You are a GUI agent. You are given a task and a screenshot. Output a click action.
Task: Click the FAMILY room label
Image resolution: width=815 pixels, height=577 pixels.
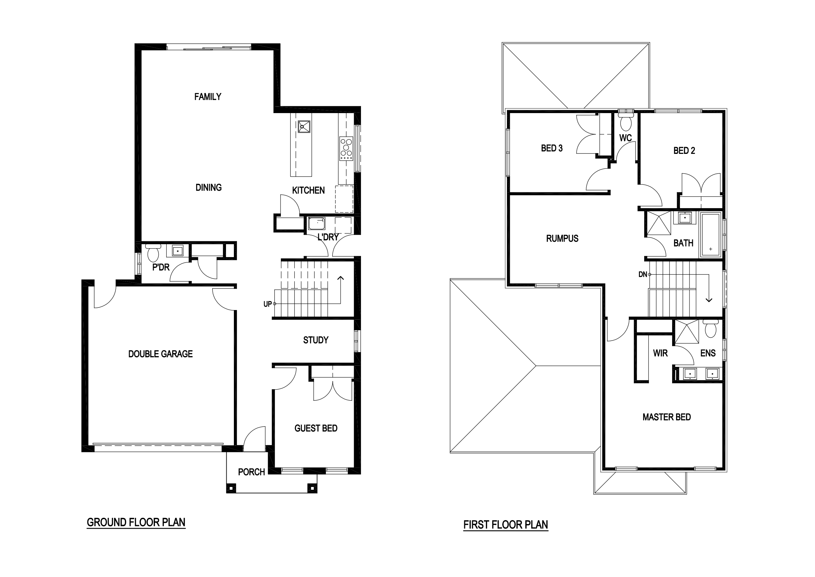click(208, 97)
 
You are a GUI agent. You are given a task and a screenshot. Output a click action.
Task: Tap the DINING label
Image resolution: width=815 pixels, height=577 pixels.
click(208, 188)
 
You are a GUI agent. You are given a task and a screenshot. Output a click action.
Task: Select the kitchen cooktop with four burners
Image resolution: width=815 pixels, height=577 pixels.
click(346, 149)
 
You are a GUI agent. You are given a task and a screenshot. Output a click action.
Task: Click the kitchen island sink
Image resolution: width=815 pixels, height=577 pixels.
click(304, 127)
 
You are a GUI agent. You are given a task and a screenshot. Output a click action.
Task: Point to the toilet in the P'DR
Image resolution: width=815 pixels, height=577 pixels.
click(153, 253)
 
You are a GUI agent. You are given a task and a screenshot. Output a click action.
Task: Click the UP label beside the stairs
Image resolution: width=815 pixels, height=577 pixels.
click(267, 304)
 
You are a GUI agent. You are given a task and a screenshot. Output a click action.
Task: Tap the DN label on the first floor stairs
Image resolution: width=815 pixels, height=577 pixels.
click(643, 274)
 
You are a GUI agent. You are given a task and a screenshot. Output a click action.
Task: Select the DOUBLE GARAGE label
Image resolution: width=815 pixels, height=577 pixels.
click(160, 354)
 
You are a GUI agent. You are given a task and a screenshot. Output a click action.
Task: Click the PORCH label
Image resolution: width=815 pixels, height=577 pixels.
click(251, 472)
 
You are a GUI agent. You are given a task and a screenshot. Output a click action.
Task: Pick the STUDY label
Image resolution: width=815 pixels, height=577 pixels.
click(316, 340)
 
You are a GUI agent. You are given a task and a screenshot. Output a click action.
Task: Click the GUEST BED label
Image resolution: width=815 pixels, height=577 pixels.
click(316, 428)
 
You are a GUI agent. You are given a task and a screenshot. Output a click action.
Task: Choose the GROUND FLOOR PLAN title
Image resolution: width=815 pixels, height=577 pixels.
click(136, 522)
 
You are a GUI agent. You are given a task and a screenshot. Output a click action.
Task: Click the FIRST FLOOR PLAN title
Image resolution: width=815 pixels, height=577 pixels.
click(506, 525)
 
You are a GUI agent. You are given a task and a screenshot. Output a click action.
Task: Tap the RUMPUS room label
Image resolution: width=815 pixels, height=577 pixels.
click(562, 238)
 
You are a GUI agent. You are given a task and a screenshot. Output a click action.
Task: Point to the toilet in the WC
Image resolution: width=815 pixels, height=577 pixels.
click(625, 122)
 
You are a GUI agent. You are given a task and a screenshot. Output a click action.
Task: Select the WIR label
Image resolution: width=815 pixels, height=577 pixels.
click(660, 353)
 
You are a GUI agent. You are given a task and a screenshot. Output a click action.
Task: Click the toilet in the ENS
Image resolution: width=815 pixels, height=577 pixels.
click(710, 328)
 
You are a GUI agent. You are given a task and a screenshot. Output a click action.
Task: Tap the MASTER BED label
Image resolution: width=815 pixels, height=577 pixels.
click(667, 417)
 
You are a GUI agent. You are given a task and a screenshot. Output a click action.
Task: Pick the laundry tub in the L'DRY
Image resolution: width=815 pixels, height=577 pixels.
click(316, 224)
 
